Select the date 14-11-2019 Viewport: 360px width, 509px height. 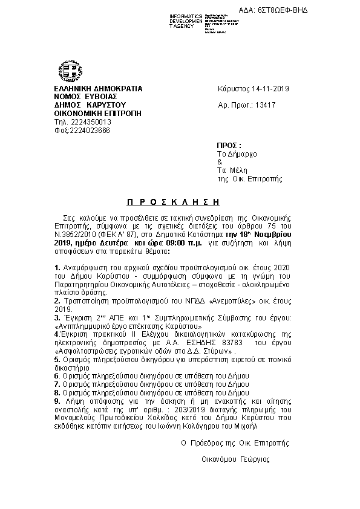tap(269, 89)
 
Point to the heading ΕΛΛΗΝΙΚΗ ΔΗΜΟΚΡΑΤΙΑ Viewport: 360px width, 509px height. tap(98, 89)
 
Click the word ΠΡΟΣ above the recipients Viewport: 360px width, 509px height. tap(229, 146)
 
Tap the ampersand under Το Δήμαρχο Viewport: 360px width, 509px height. tap(220, 162)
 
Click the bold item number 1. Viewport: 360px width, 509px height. tap(57, 267)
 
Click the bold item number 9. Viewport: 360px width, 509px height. tap(57, 400)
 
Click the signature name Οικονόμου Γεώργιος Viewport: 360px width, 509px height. tap(236, 459)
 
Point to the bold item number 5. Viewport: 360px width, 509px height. tap(57, 359)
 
